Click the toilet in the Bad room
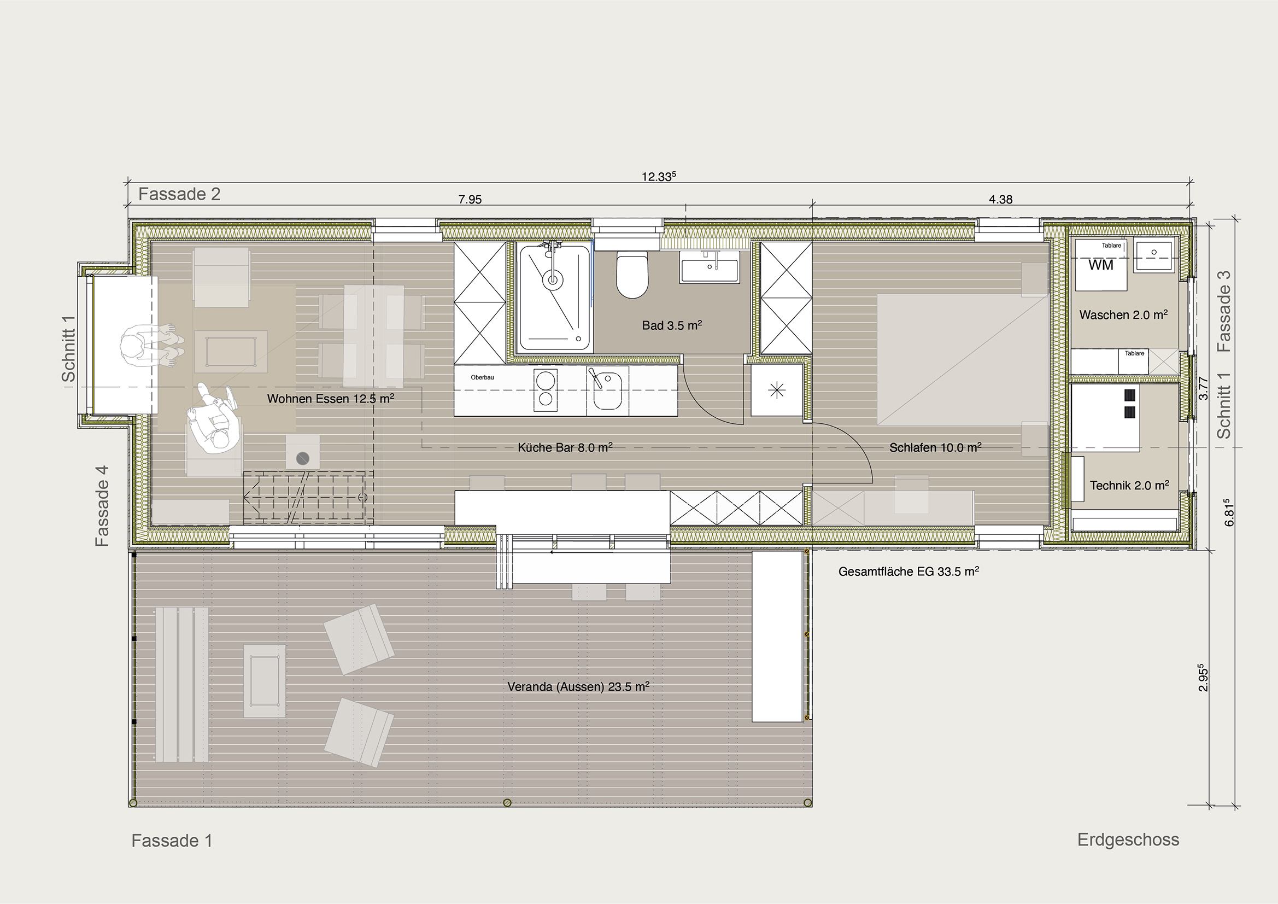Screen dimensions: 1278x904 [632, 275]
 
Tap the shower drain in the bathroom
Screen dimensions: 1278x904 [552, 279]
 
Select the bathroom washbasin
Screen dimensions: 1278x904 [709, 266]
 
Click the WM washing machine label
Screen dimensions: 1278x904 [1100, 265]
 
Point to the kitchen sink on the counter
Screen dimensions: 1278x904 [607, 390]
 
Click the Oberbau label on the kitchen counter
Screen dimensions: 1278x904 [482, 378]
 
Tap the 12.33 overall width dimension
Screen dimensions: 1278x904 [659, 177]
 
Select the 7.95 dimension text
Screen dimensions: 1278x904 [470, 200]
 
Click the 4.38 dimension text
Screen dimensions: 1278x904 [1000, 200]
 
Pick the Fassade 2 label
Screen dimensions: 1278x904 [179, 194]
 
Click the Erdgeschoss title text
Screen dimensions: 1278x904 [1128, 840]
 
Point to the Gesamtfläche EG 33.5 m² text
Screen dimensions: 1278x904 [908, 571]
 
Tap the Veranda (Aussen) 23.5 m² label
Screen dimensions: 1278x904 [578, 686]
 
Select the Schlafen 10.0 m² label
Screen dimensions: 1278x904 [935, 447]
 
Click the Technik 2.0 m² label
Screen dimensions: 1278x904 [1129, 485]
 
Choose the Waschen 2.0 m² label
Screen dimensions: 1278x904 [1123, 314]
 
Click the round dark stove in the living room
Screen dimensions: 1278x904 [303, 459]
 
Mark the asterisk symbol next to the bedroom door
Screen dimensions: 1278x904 [777, 390]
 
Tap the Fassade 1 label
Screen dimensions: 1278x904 [172, 841]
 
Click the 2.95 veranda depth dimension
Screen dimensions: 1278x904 [1203, 677]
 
